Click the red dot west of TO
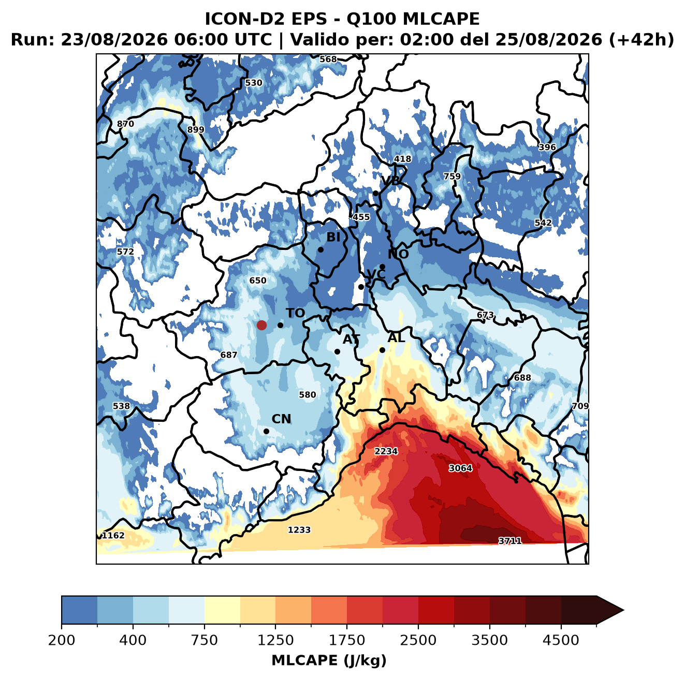(x=261, y=325)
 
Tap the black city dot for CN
(x=266, y=431)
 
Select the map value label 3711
(x=510, y=541)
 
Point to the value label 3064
(x=460, y=468)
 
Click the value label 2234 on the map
(x=386, y=451)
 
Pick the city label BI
(x=333, y=237)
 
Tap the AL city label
(x=396, y=337)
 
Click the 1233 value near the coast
(x=299, y=530)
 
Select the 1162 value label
(x=113, y=535)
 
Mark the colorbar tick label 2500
(x=418, y=640)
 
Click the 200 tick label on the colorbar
(x=62, y=640)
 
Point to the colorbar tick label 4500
(x=561, y=640)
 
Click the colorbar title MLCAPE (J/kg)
(x=329, y=660)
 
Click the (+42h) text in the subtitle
(x=641, y=40)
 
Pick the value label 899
(x=196, y=129)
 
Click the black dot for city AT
(x=337, y=351)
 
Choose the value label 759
(x=452, y=176)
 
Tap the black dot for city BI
(x=320, y=249)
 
